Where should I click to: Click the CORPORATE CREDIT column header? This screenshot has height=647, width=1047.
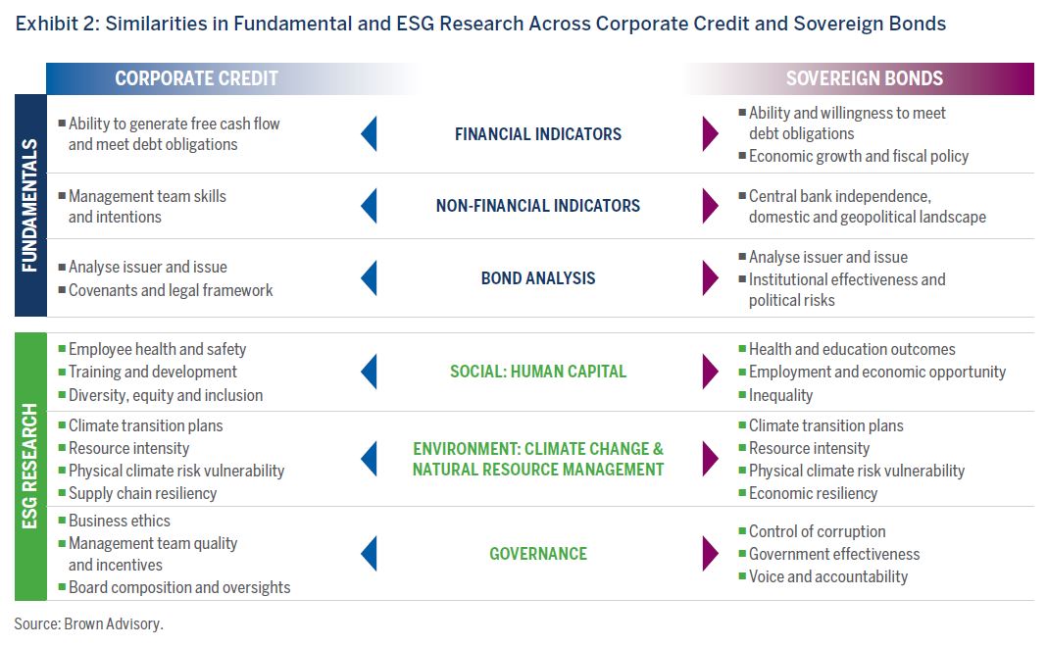point(196,78)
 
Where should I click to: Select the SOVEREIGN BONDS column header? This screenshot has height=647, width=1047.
point(864,78)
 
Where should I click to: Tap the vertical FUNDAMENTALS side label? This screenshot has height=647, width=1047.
point(30,205)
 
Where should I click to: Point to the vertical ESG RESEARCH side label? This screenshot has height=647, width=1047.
point(30,466)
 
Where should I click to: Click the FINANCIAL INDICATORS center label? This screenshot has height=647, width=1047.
point(538,134)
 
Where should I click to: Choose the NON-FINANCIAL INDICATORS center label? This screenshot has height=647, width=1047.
point(538,206)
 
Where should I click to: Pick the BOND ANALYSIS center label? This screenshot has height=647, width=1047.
point(538,277)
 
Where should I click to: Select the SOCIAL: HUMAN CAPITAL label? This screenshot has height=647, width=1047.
point(538,372)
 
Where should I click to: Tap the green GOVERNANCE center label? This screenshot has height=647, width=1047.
point(538,554)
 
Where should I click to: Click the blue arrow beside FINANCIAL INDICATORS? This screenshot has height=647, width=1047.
point(370,133)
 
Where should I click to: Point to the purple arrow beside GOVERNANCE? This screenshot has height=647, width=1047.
point(711,553)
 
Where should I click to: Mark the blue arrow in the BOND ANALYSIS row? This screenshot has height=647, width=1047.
point(370,277)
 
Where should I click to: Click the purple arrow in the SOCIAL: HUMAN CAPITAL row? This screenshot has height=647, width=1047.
point(711,372)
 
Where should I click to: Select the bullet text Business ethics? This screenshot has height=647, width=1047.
point(119,521)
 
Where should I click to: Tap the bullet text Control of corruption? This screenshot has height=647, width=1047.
point(818,531)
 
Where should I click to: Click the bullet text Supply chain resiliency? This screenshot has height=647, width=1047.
point(142,493)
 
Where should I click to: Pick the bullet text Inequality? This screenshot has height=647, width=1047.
point(780,395)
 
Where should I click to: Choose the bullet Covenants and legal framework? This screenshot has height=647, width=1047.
point(171,290)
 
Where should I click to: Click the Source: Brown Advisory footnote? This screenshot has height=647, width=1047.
point(88,623)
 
